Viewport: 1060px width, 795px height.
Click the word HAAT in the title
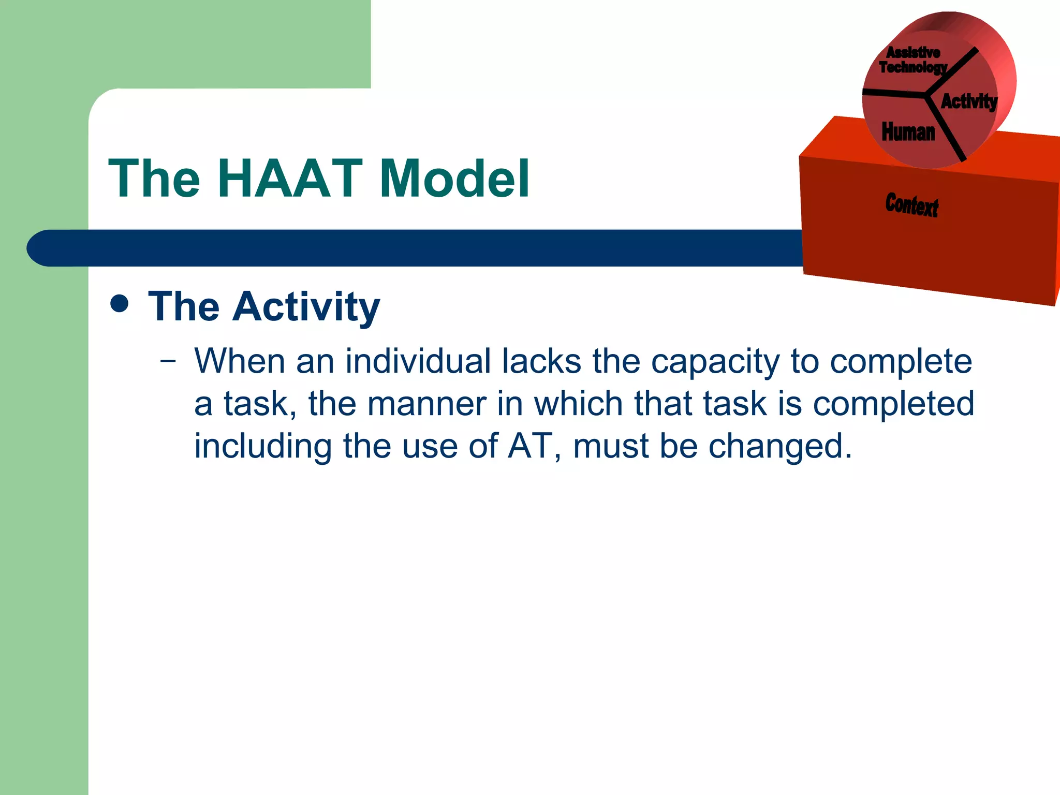click(x=290, y=179)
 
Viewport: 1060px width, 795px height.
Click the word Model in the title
click(x=454, y=179)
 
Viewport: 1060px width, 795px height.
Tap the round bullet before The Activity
click(x=120, y=304)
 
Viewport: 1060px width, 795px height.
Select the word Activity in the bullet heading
click(x=306, y=307)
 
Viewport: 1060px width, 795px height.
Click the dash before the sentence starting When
click(x=168, y=361)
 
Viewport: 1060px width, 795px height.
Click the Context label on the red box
click(x=911, y=205)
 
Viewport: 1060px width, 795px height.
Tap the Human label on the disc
click(x=908, y=132)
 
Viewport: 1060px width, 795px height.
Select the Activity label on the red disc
click(x=968, y=101)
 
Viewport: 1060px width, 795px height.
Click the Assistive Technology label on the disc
click(x=913, y=60)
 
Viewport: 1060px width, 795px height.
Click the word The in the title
click(x=154, y=179)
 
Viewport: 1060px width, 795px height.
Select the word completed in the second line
click(x=893, y=405)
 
